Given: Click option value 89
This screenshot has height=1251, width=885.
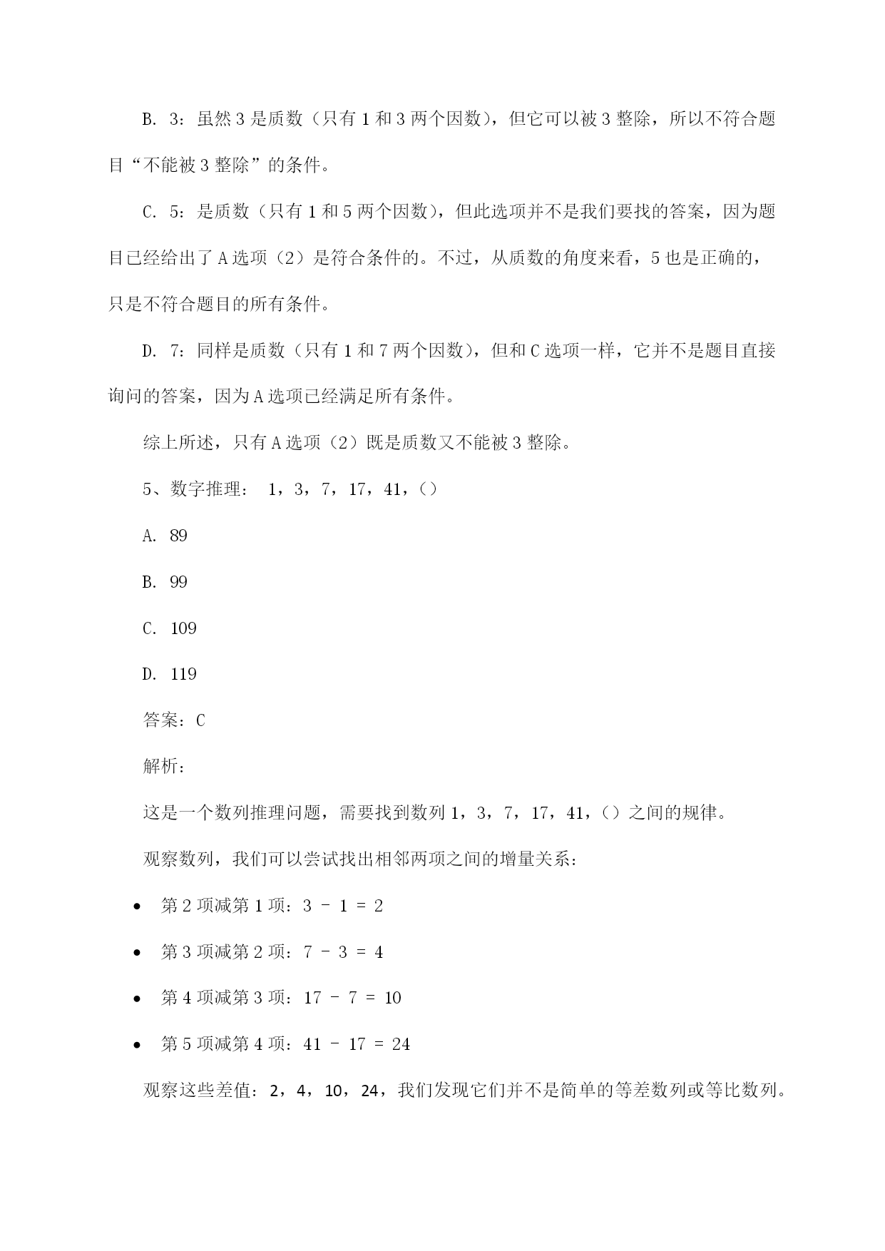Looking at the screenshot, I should tap(178, 536).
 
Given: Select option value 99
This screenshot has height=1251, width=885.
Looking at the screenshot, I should tap(178, 582).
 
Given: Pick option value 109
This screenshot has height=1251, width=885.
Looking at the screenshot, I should tap(183, 628).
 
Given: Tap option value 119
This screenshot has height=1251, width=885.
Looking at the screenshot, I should tap(183, 674).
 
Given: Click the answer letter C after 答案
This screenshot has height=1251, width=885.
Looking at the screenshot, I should tap(200, 720).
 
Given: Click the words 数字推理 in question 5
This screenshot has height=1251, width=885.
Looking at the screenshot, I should tap(205, 489).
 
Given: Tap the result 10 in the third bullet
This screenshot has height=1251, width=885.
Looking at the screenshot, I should tap(392, 998).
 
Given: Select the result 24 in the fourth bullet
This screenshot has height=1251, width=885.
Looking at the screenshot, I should tap(401, 1044).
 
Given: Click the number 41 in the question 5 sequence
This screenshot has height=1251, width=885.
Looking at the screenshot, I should tap(392, 489).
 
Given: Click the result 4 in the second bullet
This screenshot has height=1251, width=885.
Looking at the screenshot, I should tap(379, 952).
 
